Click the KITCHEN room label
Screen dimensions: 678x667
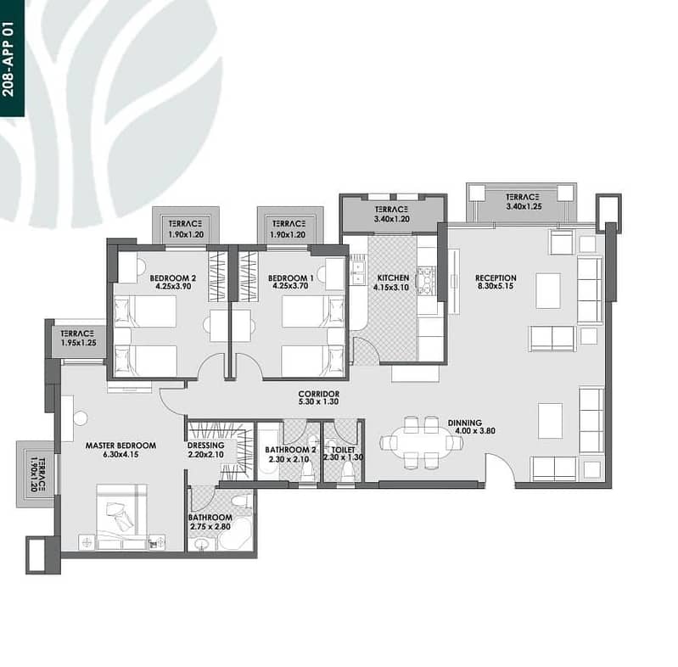pyautogui.click(x=393, y=278)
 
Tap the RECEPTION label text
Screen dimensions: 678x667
pyautogui.click(x=496, y=277)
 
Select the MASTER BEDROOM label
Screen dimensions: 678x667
pyautogui.click(x=120, y=446)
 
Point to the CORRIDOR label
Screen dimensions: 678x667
pyautogui.click(x=319, y=394)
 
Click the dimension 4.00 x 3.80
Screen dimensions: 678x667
pyautogui.click(x=475, y=431)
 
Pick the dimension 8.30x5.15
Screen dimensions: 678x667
pyautogui.click(x=496, y=286)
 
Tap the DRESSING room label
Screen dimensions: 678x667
pyautogui.click(x=206, y=446)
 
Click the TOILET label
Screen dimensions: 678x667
pyautogui.click(x=343, y=450)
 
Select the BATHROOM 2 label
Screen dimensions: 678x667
pyautogui.click(x=290, y=450)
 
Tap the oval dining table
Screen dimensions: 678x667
pyautogui.click(x=422, y=442)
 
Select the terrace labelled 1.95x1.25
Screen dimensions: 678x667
pyautogui.click(x=78, y=339)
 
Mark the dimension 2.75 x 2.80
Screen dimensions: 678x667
pyautogui.click(x=210, y=526)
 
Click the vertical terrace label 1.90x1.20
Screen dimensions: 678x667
pyautogui.click(x=37, y=474)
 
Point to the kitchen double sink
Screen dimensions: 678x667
pyautogui.click(x=357, y=273)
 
